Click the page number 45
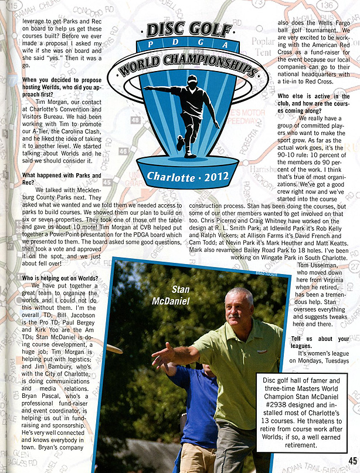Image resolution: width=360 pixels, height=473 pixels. pyautogui.click(x=352, y=460)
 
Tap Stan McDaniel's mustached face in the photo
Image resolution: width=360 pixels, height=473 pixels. pyautogui.click(x=239, y=307)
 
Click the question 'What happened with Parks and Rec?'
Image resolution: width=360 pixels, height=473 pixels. pyautogui.click(x=61, y=179)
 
